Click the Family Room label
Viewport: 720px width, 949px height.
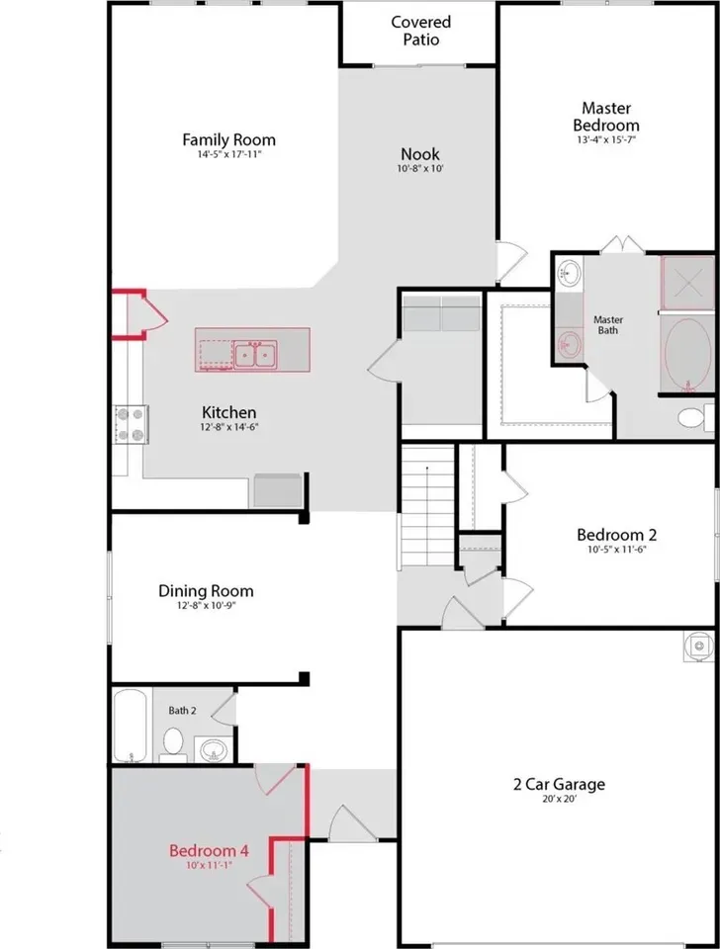(228, 139)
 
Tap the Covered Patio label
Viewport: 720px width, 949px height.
(421, 31)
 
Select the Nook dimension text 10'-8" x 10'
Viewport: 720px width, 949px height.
(420, 168)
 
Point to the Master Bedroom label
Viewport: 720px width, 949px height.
(606, 117)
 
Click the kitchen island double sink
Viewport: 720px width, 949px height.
(255, 354)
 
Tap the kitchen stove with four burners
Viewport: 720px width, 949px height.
(132, 424)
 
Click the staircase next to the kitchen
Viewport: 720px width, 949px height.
(427, 506)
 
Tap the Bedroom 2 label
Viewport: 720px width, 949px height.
(616, 535)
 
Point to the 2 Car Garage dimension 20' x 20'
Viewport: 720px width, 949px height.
(559, 799)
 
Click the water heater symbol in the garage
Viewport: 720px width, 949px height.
(699, 647)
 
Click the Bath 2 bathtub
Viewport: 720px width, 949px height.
(130, 725)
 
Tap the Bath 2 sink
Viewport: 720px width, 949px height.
(212, 749)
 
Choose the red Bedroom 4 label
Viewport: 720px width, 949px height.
(209, 851)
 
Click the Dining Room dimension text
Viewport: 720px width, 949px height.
(206, 606)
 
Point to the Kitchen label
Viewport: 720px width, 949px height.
(228, 413)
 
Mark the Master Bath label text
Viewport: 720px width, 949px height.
(608, 325)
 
